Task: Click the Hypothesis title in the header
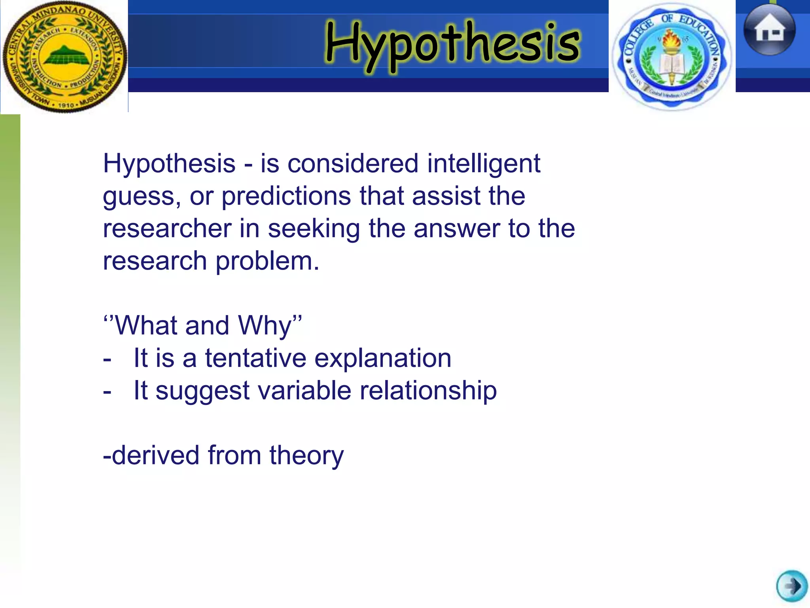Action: [452, 44]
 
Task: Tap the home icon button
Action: [769, 30]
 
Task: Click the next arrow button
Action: [791, 586]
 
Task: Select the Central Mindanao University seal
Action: [64, 57]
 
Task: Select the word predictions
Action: [286, 196]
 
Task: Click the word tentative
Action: [255, 358]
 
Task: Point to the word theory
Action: [307, 456]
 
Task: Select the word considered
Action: [352, 163]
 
